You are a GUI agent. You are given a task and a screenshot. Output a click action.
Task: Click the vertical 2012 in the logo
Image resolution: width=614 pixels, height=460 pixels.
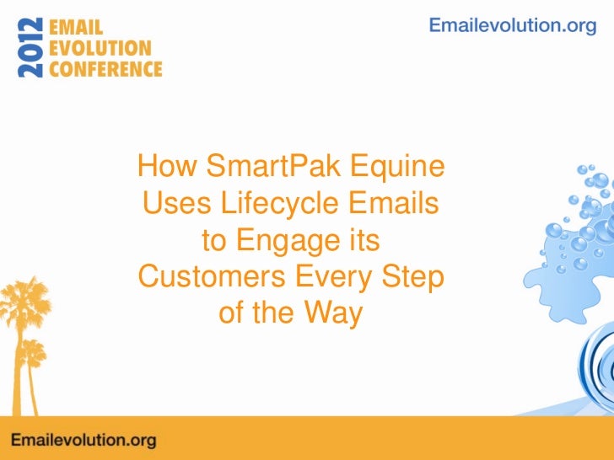pyautogui.click(x=30, y=47)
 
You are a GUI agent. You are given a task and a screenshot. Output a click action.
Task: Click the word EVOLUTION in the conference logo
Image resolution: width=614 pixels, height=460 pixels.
pyautogui.click(x=100, y=48)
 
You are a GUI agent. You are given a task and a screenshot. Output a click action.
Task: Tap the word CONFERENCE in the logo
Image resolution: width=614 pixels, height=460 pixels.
pyautogui.click(x=105, y=69)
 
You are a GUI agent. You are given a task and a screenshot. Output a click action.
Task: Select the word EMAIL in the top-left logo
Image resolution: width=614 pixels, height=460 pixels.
pyautogui.click(x=77, y=27)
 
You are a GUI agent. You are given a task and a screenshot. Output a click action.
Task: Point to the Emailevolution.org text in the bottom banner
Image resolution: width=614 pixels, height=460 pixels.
pyautogui.click(x=83, y=440)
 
